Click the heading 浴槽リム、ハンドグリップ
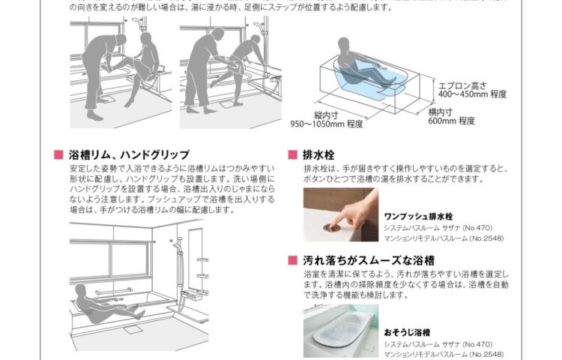[129, 154]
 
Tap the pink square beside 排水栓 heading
[291, 155]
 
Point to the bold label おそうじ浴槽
[406, 331]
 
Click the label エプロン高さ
[462, 85]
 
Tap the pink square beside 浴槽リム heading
[58, 155]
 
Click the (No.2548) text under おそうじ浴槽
[486, 352]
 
